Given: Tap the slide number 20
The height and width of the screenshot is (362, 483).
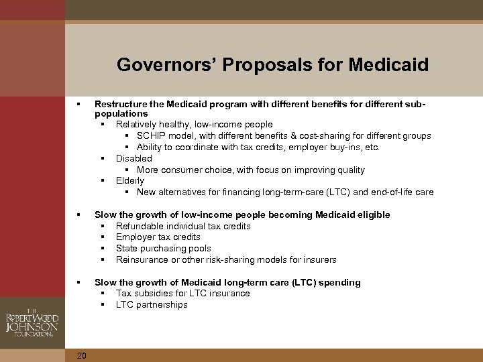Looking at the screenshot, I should pos(81,356).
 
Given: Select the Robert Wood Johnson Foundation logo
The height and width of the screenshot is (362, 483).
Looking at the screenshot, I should pos(32,324).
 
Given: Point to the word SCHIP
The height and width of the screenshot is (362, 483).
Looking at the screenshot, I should pos(152,136).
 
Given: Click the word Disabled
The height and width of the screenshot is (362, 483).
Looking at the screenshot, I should pos(134,159).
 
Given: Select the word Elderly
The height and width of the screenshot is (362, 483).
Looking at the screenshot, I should pos(130,181).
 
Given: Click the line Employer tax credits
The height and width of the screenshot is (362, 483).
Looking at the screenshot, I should pos(158,237).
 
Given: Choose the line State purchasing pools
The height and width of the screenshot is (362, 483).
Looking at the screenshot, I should pos(163,249).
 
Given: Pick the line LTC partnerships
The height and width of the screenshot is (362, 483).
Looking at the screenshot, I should pos(152,305).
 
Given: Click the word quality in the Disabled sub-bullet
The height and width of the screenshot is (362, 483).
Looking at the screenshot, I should pos(351,170).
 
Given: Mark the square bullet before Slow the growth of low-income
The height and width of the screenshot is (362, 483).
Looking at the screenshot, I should pos(79,215).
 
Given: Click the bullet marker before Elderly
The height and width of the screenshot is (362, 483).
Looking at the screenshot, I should pos(103,181).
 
